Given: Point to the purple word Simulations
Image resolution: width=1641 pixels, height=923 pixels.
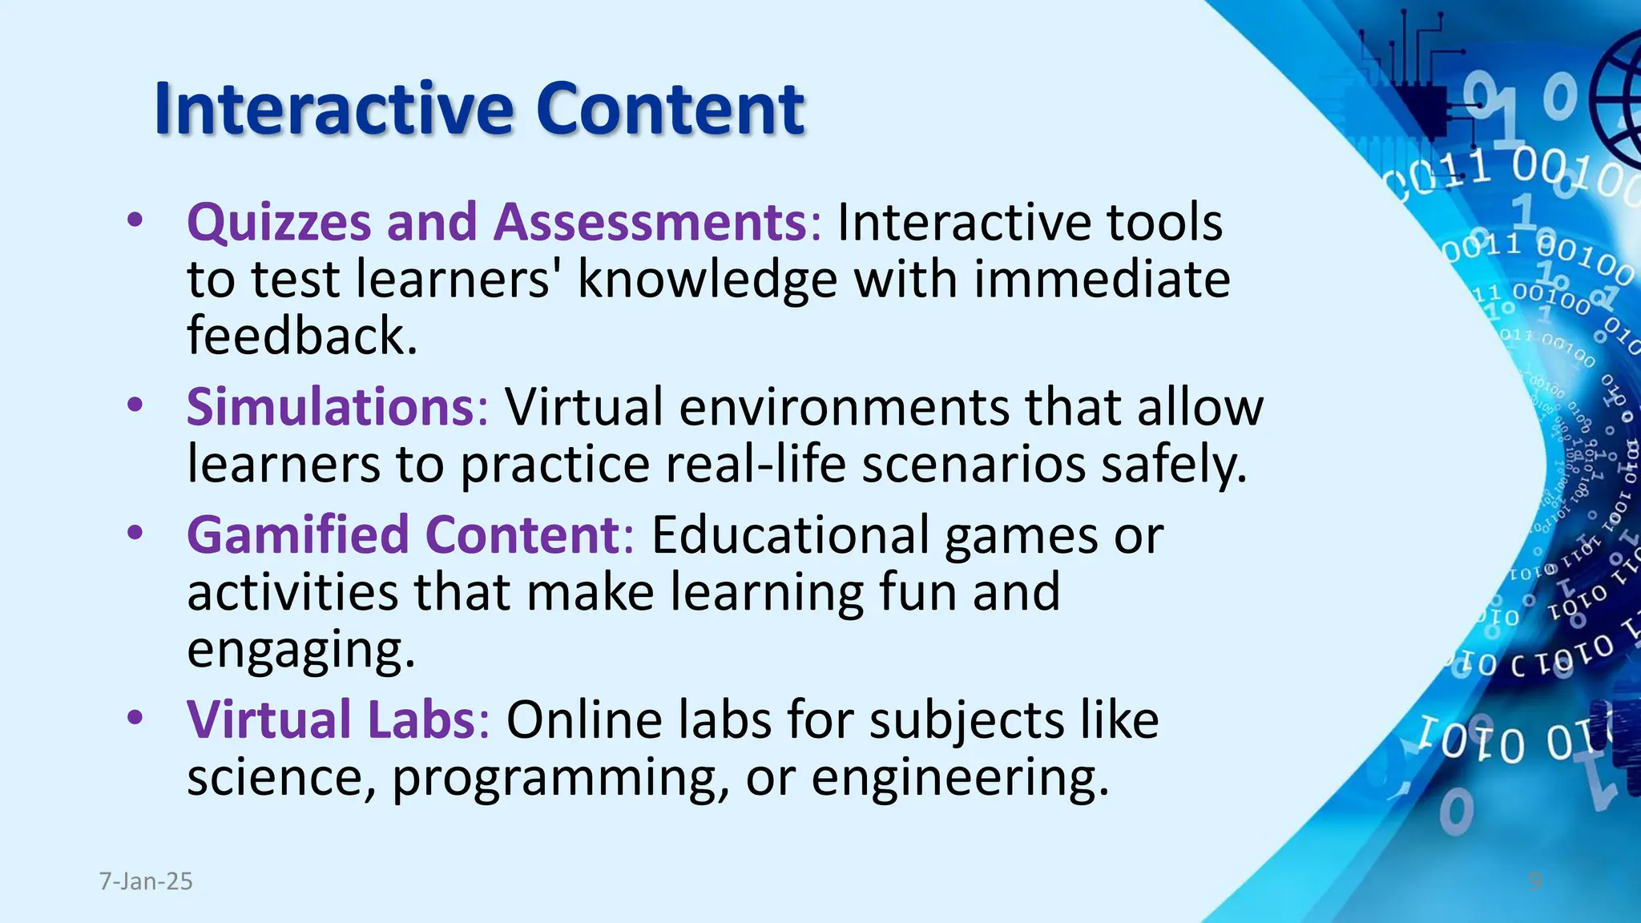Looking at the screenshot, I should (332, 407).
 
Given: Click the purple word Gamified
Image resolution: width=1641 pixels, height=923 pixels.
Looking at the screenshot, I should (297, 535).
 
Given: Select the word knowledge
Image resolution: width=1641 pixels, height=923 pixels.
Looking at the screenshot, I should (707, 280).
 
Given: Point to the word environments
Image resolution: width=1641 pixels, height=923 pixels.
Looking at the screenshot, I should (845, 407).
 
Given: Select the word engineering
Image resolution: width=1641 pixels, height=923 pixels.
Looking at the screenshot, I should (960, 778).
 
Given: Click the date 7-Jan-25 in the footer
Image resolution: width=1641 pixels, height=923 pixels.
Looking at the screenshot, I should (146, 881).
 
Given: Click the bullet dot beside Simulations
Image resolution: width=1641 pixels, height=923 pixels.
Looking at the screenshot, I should (135, 404).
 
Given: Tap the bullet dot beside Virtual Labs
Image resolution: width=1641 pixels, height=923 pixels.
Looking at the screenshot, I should (135, 716).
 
